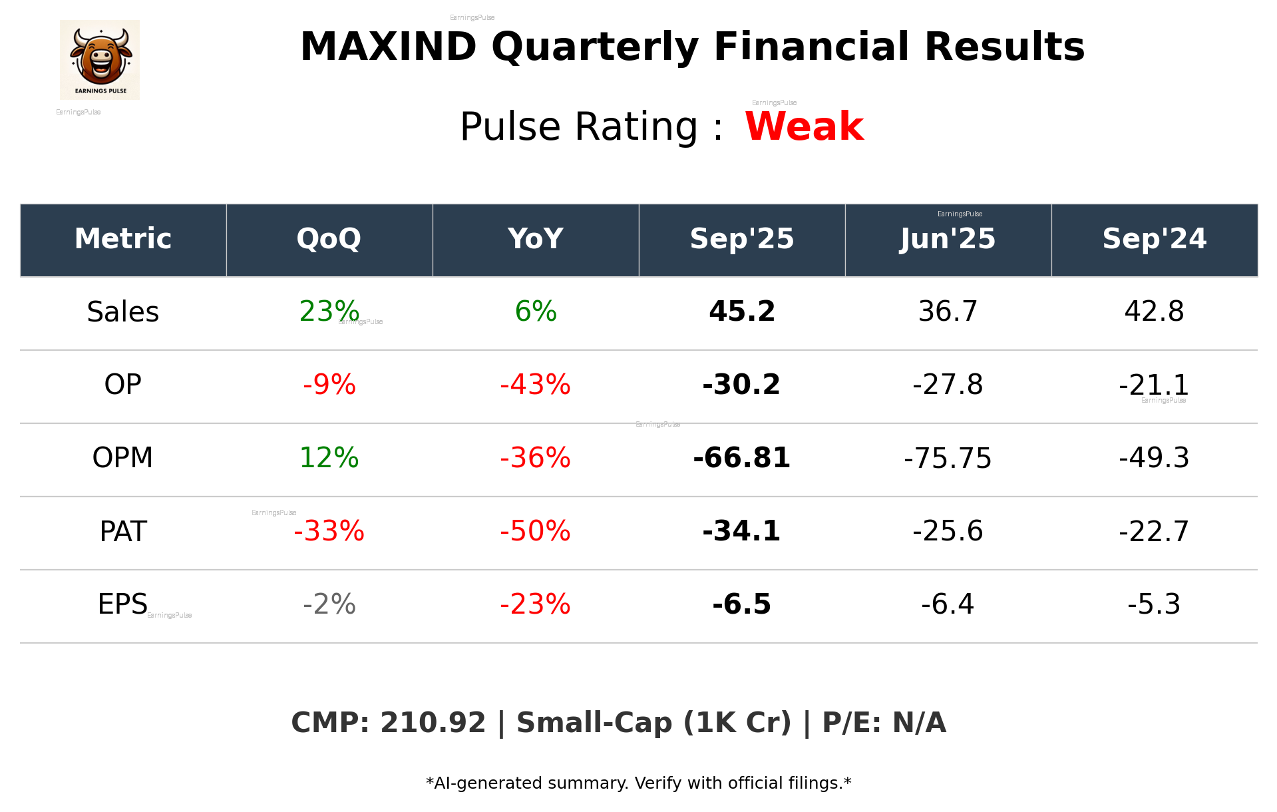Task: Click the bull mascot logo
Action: (x=100, y=59)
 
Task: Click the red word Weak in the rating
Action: (x=804, y=126)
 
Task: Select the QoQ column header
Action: (x=329, y=239)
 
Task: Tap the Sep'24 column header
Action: (x=1154, y=239)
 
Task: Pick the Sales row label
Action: (x=123, y=312)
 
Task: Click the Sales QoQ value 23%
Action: (x=329, y=311)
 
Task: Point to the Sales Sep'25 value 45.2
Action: (x=741, y=311)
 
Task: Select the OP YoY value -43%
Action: (x=535, y=385)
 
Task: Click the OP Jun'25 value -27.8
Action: (x=948, y=385)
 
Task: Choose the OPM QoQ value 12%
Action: (x=329, y=458)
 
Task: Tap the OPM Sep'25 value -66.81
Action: (x=741, y=458)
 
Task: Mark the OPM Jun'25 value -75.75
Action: (x=948, y=459)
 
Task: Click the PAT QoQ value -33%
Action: (x=329, y=531)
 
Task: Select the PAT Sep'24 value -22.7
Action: (x=1154, y=531)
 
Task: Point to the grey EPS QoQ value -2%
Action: (x=329, y=604)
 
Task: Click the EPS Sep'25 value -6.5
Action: (x=741, y=604)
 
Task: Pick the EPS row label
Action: (x=122, y=604)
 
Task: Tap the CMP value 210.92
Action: (x=433, y=723)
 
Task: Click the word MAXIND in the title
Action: (x=388, y=47)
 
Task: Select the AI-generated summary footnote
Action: (x=638, y=783)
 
